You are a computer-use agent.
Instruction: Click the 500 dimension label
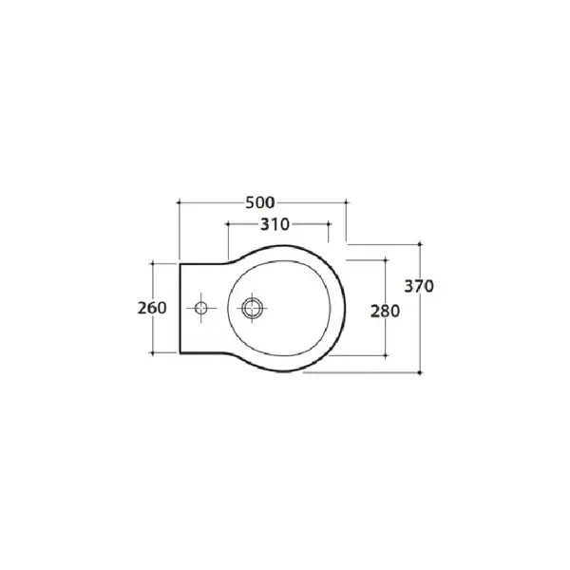[x=260, y=202]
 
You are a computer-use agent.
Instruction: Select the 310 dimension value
[x=275, y=224]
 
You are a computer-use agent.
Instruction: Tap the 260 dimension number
[x=152, y=308]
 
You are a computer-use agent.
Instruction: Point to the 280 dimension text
[x=385, y=312]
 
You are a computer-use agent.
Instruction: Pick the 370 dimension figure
[x=419, y=286]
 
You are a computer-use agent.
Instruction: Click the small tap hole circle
[x=201, y=308]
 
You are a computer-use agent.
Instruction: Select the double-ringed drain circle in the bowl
[x=253, y=308]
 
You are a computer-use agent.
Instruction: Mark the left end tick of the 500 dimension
[x=179, y=202]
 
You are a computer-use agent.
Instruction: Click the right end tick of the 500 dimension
[x=346, y=202]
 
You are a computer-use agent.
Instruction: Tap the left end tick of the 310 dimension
[x=228, y=224]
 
